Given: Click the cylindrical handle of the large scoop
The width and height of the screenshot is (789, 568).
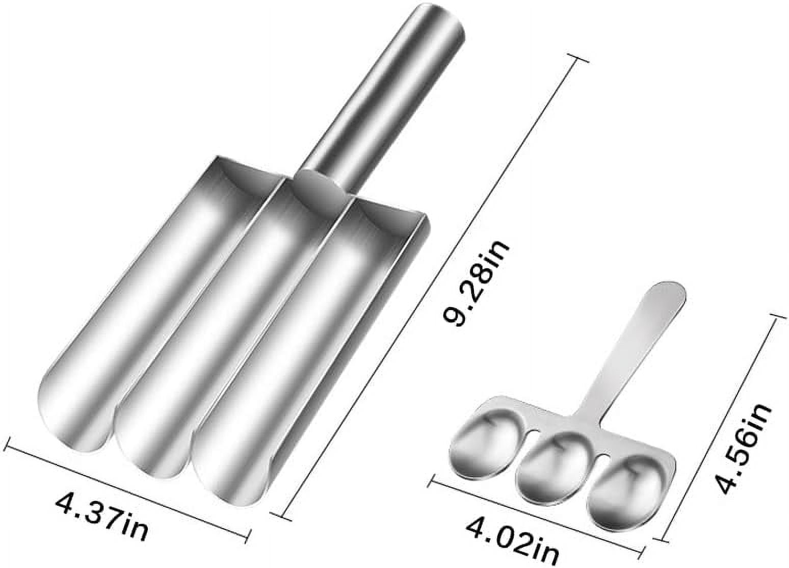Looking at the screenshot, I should click(x=387, y=92).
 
